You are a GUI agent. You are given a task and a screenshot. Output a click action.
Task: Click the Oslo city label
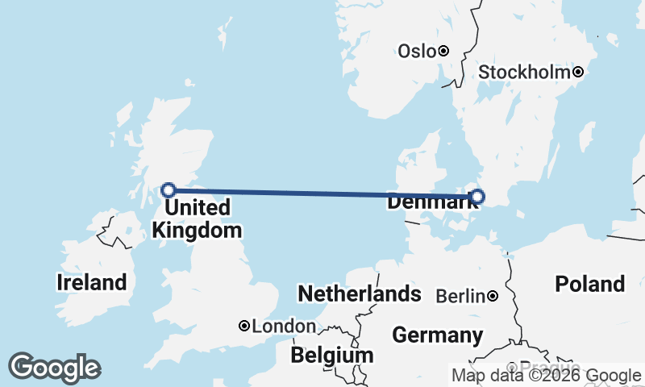pos(417,52)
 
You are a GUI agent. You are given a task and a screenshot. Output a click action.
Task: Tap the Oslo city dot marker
pos(443,52)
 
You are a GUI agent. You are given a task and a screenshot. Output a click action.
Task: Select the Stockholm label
pos(525,73)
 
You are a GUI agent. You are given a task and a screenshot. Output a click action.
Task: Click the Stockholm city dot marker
pos(578,73)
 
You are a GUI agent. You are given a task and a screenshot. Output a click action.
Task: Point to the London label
pos(284,327)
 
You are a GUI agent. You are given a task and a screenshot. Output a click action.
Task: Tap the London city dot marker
pos(244,327)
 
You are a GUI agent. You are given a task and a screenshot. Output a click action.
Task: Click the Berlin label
pos(461,297)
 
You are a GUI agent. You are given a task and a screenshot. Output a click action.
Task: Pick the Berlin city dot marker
pos(493,297)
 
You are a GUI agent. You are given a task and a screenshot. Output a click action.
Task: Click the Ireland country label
pos(92,282)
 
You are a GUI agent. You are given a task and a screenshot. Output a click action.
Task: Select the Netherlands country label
pos(360,293)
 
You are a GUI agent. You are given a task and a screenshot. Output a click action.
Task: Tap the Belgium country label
pos(332,355)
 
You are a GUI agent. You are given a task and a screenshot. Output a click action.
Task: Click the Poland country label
pos(590,284)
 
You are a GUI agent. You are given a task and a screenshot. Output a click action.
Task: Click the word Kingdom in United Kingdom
pos(197,231)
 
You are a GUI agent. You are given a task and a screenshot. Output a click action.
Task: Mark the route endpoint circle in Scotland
pos(169,190)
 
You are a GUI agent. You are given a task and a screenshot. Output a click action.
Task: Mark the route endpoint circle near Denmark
pos(477,196)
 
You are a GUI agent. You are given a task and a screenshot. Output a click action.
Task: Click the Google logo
pos(54,368)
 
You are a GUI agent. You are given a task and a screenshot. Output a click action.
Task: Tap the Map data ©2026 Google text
pos(546,375)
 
